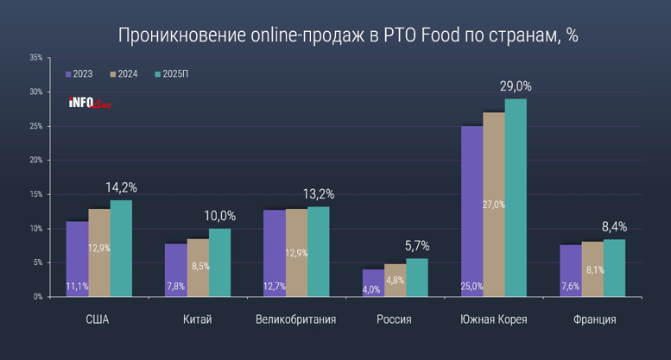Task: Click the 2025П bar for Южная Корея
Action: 516,198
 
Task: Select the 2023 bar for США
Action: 77,259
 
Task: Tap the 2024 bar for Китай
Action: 198,268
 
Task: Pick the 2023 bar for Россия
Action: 372,283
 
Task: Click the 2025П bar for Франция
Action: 614,268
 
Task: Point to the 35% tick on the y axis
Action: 35,58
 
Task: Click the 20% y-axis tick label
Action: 35,161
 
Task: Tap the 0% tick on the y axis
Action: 37,297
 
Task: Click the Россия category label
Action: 394,319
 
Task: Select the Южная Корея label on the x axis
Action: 494,319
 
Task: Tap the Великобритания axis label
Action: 295,319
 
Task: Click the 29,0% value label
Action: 516,86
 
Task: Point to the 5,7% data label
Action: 417,246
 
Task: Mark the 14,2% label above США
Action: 121,187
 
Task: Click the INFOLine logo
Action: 90,104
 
